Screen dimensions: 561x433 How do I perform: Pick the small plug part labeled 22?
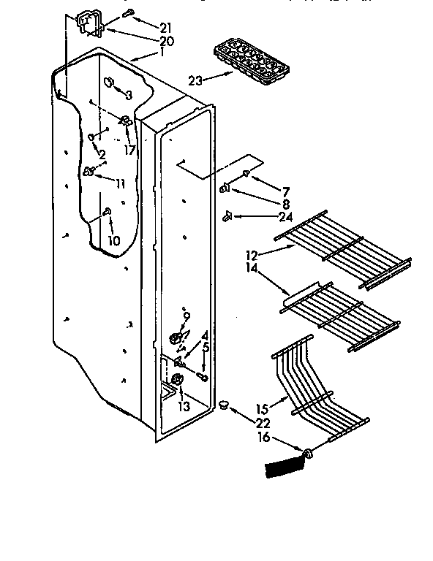point(222,403)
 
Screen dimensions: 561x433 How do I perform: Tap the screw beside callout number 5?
point(202,378)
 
